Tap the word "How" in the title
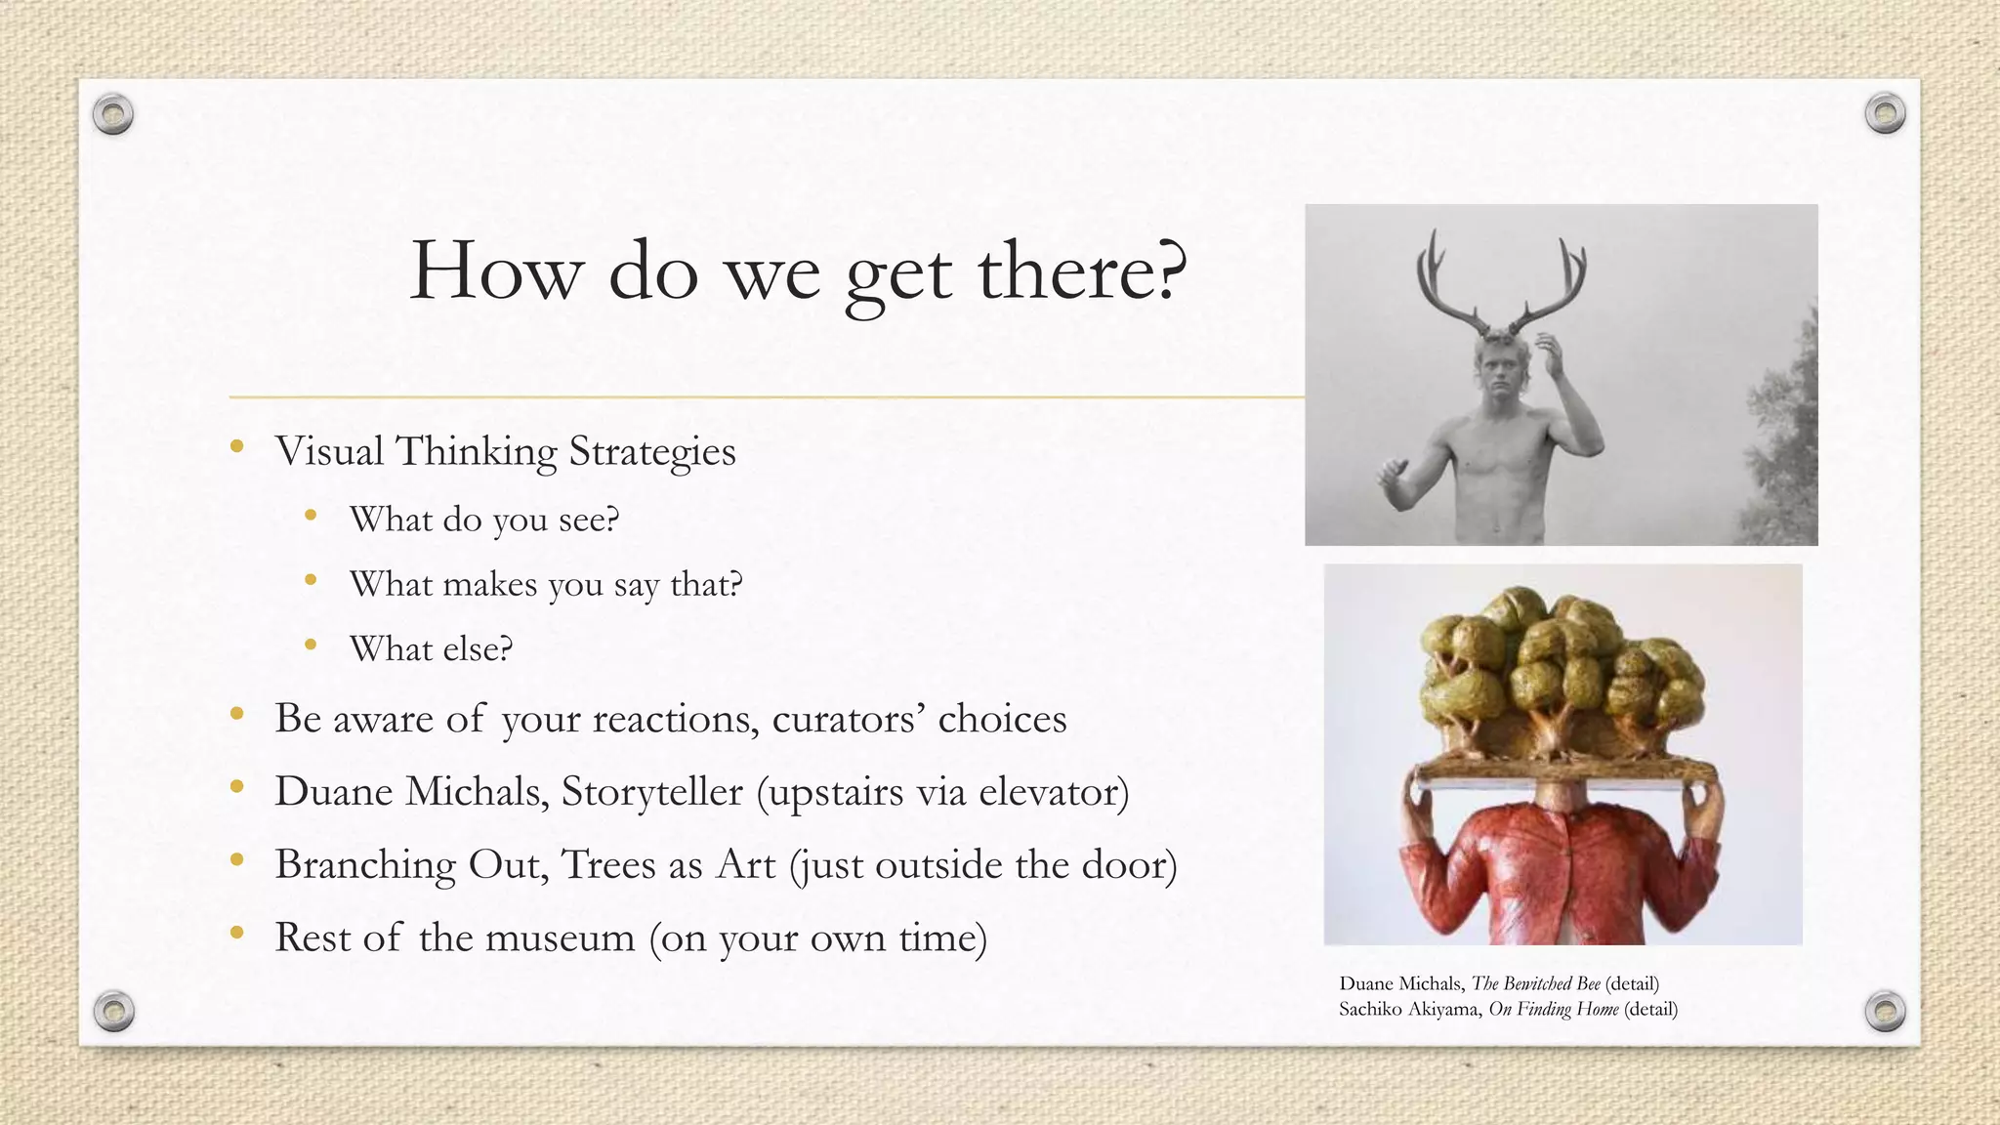click(494, 271)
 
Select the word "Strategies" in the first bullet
click(651, 452)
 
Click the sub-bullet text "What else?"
click(431, 648)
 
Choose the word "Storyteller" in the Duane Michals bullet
click(651, 791)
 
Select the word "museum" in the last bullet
click(560, 937)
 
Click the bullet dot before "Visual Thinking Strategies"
click(236, 447)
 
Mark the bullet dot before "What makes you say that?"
click(311, 580)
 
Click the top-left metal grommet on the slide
click(113, 115)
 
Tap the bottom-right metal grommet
click(1885, 1011)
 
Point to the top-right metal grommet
click(1885, 114)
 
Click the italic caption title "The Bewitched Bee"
click(1535, 983)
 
